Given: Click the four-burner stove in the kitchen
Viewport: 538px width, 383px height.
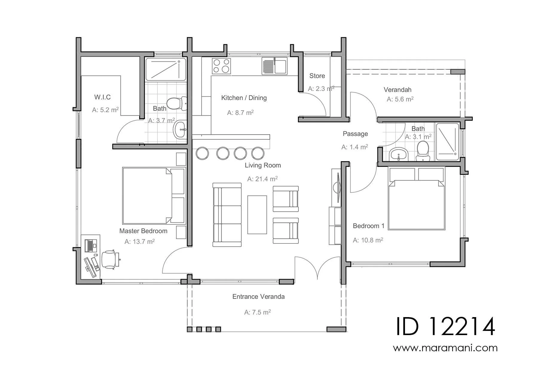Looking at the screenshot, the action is click(x=221, y=66).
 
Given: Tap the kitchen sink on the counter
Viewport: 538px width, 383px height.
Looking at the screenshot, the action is click(x=274, y=66).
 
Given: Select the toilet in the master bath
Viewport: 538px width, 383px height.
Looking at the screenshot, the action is click(x=177, y=103).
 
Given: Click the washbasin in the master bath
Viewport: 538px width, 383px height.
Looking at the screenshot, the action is click(x=180, y=129).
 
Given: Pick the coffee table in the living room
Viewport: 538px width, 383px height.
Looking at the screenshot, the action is click(x=257, y=215).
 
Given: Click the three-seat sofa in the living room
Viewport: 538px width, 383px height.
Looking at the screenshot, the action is click(x=227, y=215).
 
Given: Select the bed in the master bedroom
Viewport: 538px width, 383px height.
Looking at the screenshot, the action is click(x=154, y=196).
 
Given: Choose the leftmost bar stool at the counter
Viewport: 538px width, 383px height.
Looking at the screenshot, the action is click(x=202, y=153).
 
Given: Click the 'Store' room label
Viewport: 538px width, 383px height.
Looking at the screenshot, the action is click(x=317, y=76).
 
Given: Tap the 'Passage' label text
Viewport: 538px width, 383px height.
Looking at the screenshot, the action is click(x=355, y=134).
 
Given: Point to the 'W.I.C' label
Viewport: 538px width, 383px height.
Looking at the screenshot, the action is click(x=103, y=97).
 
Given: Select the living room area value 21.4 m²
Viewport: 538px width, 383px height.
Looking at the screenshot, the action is click(x=262, y=179).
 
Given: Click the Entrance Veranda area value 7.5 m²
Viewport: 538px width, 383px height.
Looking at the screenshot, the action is click(x=258, y=312).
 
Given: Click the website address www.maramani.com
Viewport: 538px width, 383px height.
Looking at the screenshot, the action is click(x=445, y=348).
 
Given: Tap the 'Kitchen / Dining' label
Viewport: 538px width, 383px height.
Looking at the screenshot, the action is click(x=244, y=98).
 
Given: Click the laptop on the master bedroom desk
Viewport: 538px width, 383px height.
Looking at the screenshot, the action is click(x=91, y=245).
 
